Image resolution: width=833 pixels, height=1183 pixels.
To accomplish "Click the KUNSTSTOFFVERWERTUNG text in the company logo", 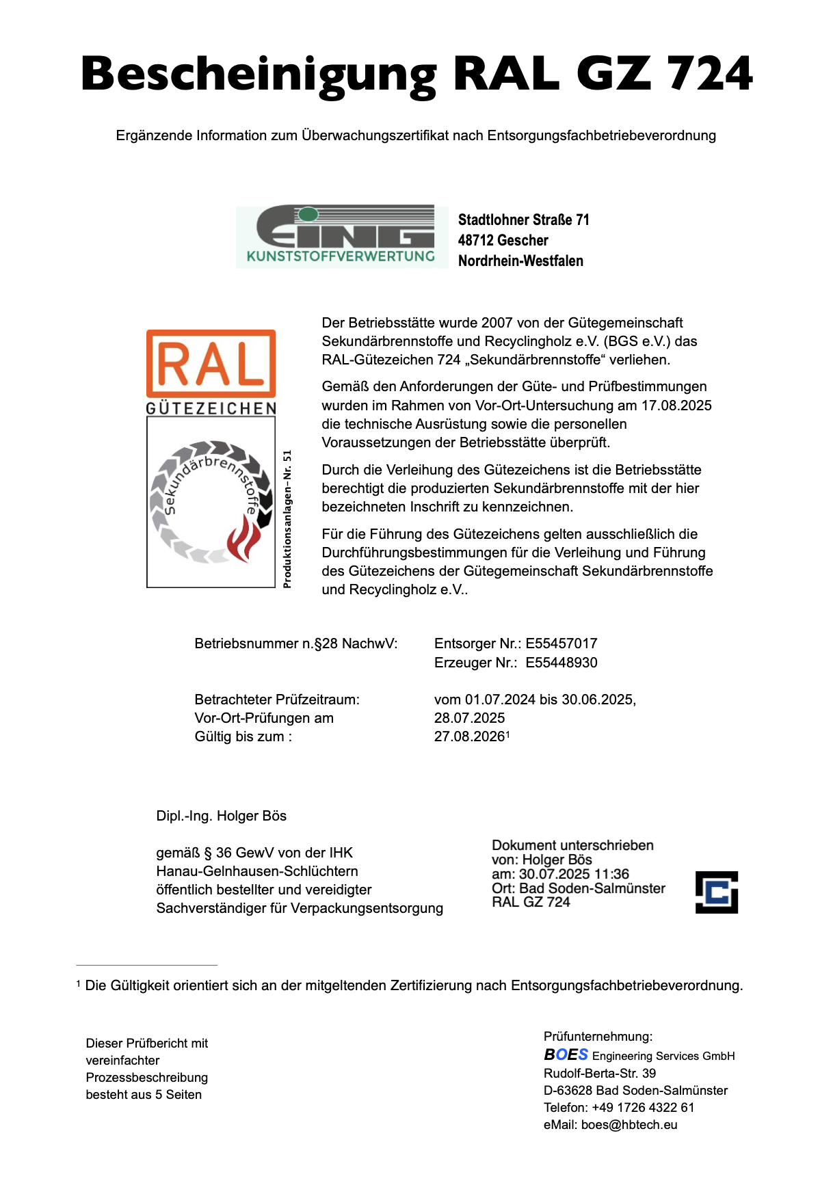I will coord(341,256).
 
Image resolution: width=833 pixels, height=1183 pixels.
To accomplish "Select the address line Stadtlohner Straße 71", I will coord(523,220).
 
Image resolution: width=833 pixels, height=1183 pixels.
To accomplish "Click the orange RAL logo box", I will coord(211,363).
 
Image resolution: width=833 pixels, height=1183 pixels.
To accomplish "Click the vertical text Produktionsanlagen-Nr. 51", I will coord(287,518).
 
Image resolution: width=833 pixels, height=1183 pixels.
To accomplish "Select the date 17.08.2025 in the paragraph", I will coord(676,406).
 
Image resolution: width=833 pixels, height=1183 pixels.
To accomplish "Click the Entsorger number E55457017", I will coord(561,643).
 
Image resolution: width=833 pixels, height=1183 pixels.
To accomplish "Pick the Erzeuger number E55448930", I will coord(561,663).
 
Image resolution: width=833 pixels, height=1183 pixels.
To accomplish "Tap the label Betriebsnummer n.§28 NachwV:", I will coord(295,643).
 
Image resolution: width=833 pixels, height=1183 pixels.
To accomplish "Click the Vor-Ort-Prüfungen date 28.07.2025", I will coord(469,718).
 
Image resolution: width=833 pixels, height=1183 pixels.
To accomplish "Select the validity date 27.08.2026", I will coord(469,736).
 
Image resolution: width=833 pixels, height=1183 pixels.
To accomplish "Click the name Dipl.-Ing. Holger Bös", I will coord(221,816).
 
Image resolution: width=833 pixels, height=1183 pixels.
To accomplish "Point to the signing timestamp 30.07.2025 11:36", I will coord(574,874).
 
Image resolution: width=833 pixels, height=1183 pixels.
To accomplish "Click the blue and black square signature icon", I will coord(716,892).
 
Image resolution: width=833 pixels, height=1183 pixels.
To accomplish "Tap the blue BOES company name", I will coord(566,1054).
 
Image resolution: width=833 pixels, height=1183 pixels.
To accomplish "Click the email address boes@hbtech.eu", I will coord(629,1125).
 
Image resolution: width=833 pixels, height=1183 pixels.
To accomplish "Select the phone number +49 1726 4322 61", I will coord(643,1108).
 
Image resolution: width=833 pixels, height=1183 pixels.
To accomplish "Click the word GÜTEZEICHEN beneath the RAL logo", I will coord(211,408).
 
